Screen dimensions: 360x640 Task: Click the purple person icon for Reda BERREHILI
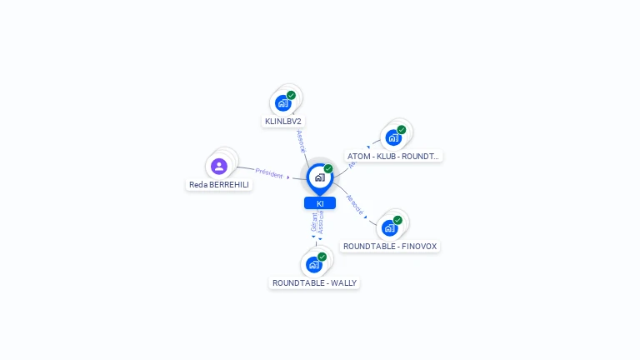[x=219, y=166]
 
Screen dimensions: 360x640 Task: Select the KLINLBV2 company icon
[x=283, y=103]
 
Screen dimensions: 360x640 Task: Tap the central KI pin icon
[x=319, y=177]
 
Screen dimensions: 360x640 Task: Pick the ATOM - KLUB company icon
[x=393, y=137]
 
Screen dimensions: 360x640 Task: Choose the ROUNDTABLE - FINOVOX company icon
[x=389, y=227]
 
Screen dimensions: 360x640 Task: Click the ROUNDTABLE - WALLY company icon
[x=314, y=264]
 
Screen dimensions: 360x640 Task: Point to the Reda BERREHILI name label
[x=219, y=185]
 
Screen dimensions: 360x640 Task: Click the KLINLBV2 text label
[x=283, y=122]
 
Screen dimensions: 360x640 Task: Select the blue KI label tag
[x=320, y=203]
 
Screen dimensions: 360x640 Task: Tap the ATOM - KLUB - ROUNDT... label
[x=393, y=156]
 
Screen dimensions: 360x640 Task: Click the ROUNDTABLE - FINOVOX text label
[x=390, y=247]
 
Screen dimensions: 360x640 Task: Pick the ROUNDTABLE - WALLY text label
[x=314, y=283]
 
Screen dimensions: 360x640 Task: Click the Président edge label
[x=269, y=172]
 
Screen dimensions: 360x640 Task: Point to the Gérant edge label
[x=314, y=223]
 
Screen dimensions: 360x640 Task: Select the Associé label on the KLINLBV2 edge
[x=301, y=141]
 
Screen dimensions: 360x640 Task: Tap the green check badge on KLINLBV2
[x=291, y=95]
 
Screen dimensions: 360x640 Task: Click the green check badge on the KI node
[x=328, y=169]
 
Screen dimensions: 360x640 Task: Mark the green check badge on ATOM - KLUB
[x=402, y=130]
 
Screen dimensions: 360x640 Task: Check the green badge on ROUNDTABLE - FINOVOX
[x=397, y=220]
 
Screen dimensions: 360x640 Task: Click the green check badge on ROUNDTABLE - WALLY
[x=322, y=257]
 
